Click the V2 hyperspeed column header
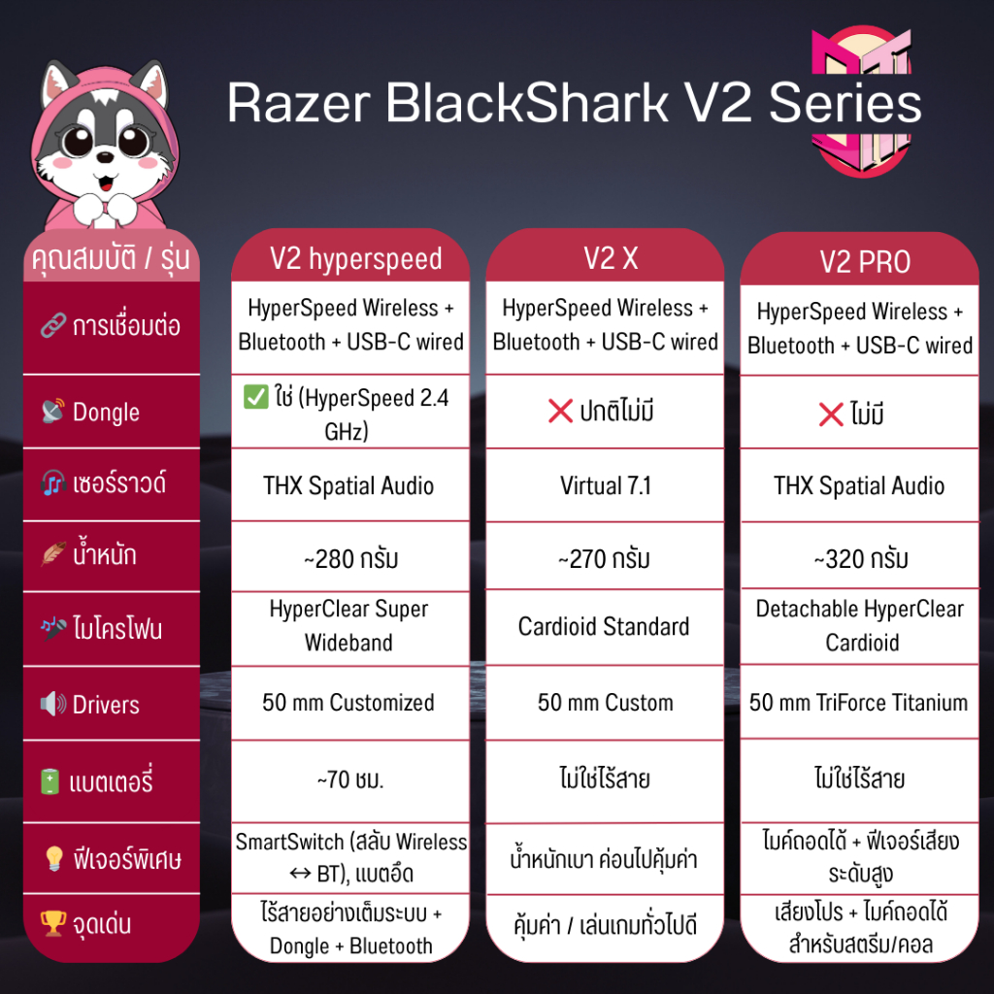[355, 259]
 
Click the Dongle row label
[106, 412]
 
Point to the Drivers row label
[106, 705]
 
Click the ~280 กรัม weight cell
[349, 559]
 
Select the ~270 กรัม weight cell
[604, 559]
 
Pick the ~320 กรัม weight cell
[860, 559]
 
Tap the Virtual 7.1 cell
[604, 485]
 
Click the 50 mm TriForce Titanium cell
[859, 702]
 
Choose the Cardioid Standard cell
[604, 626]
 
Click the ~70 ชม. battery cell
[349, 779]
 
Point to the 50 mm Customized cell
[348, 702]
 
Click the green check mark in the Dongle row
[255, 399]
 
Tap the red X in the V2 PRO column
[831, 415]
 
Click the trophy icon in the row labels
[53, 924]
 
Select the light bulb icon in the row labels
[53, 859]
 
